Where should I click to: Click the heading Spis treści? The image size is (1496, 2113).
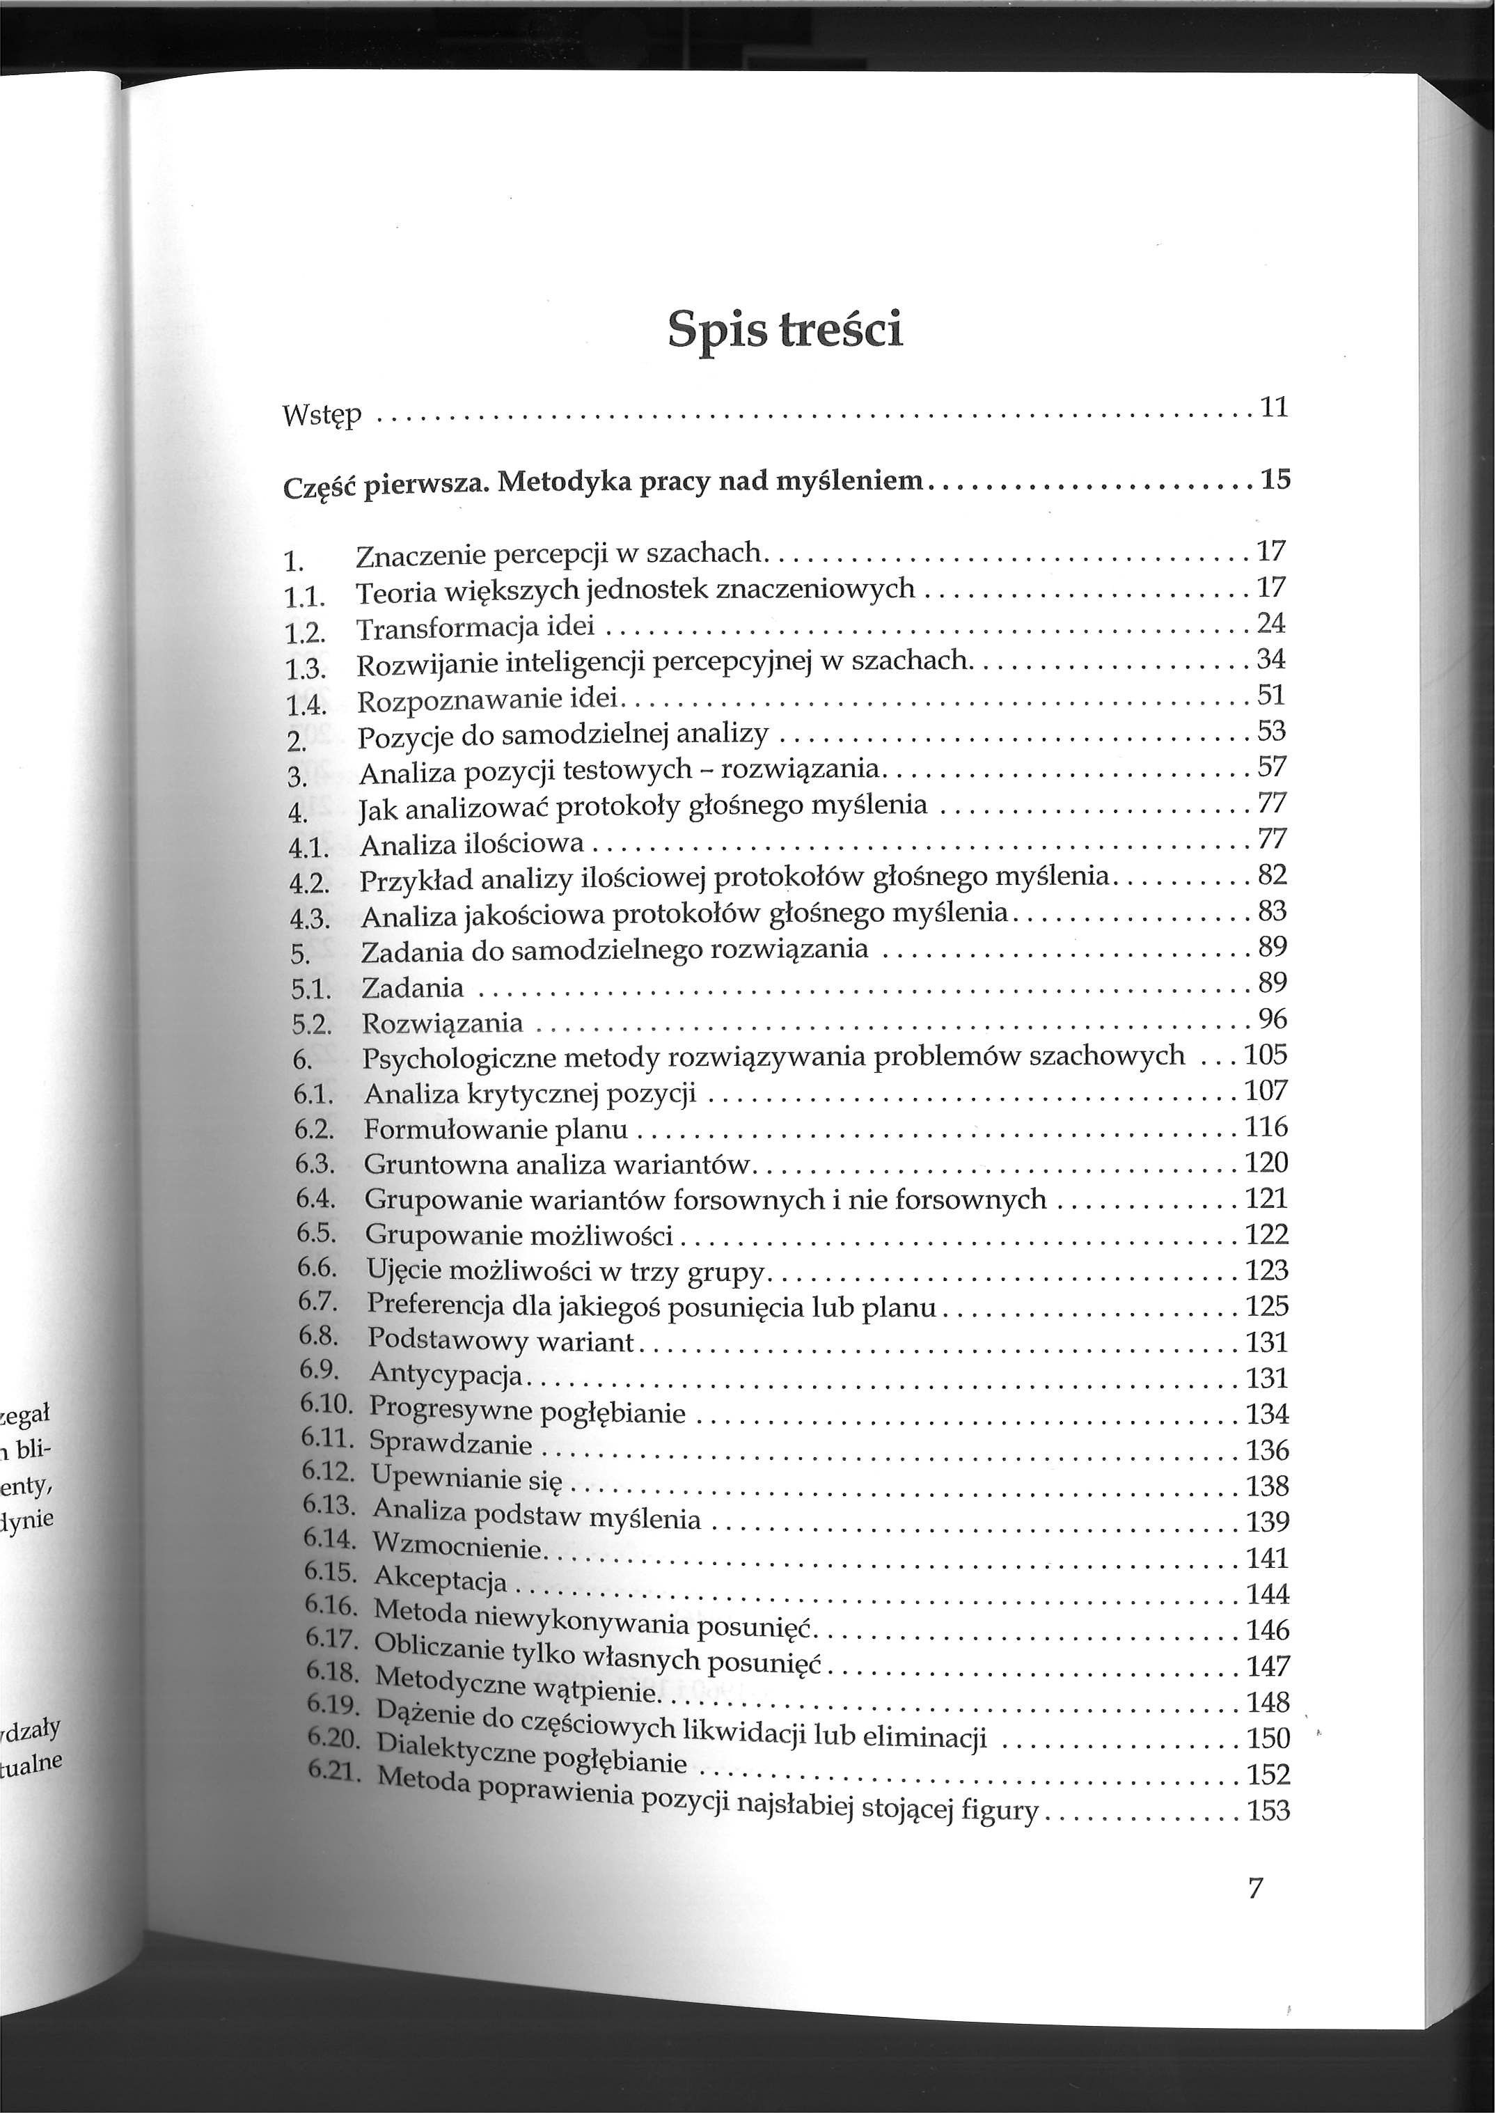[785, 330]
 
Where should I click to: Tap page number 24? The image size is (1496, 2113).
[1270, 624]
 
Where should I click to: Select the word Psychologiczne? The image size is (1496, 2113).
[457, 1058]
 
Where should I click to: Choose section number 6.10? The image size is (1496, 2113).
[326, 1406]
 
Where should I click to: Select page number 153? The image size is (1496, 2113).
[1268, 1811]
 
